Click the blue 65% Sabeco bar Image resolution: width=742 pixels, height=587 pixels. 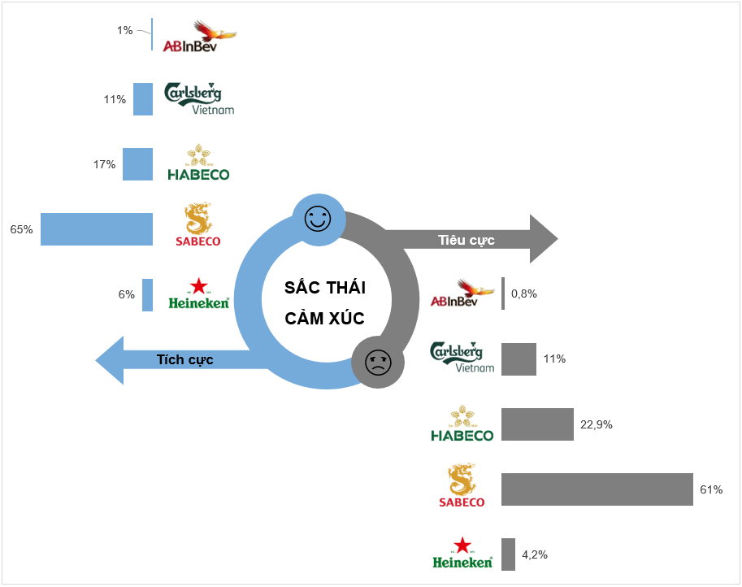tap(97, 229)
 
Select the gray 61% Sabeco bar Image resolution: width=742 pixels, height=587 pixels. tap(597, 489)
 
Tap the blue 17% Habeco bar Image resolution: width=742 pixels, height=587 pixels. tap(137, 163)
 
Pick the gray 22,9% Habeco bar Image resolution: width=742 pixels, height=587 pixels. tap(537, 424)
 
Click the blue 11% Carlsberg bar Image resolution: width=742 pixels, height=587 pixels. tap(143, 99)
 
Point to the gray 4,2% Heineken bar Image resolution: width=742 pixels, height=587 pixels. tap(509, 554)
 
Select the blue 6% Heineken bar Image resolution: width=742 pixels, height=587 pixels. tap(147, 294)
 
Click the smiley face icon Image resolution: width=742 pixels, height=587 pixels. tap(318, 219)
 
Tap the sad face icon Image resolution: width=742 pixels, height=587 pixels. tap(377, 362)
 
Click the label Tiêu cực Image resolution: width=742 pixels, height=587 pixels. tap(466, 240)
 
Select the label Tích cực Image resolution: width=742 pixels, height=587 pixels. tap(184, 359)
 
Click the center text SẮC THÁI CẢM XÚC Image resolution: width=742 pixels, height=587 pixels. tap(324, 302)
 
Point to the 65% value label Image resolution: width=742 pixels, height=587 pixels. tap(21, 230)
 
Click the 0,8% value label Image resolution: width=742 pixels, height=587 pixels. tap(524, 293)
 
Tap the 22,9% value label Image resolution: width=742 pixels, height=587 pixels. tap(596, 424)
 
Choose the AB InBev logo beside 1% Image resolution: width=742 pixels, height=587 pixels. tap(199, 37)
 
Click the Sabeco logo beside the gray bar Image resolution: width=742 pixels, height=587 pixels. tap(461, 486)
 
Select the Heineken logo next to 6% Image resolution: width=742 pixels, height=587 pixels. tap(198, 294)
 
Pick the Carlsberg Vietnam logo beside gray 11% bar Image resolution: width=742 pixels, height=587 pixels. tap(461, 357)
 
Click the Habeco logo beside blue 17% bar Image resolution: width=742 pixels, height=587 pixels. tap(198, 163)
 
